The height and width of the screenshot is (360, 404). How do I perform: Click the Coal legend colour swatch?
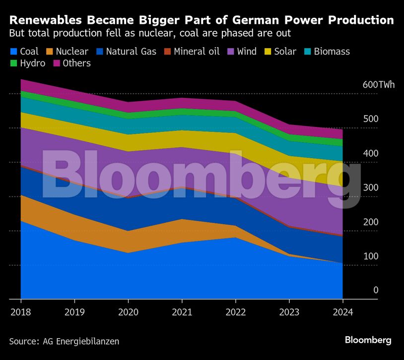tap(13, 52)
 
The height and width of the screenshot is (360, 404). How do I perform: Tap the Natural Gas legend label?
tap(131, 52)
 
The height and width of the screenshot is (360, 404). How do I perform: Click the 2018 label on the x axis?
tap(21, 312)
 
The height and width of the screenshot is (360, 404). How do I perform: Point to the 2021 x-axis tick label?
tap(182, 312)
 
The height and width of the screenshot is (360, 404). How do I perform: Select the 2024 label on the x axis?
tap(343, 312)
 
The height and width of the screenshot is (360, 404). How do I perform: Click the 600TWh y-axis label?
tap(379, 85)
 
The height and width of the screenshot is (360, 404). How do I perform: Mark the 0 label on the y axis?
tap(376, 290)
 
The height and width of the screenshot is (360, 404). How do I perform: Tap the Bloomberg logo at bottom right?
tap(368, 340)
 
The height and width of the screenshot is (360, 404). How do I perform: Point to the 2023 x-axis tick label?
tap(289, 312)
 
